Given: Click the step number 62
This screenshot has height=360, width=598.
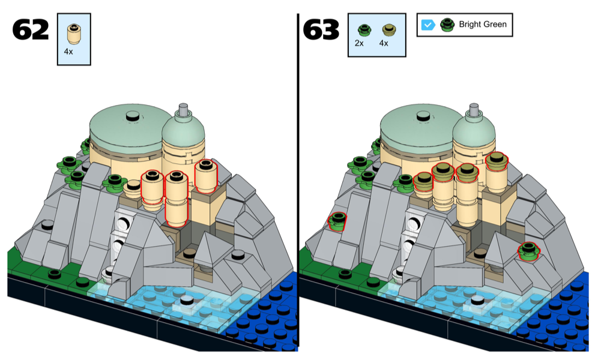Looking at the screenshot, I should tap(31, 29).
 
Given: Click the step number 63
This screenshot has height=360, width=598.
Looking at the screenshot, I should tap(321, 29).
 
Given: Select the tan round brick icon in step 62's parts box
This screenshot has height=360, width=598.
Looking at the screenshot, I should tap(74, 34).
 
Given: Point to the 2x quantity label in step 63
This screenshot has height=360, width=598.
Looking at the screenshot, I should tap(359, 43).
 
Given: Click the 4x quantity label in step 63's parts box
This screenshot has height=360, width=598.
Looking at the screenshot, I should tap(384, 43).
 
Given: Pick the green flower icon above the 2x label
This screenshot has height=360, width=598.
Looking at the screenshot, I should tap(362, 29).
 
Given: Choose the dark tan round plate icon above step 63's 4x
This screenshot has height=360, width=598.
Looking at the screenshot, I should tap(387, 29).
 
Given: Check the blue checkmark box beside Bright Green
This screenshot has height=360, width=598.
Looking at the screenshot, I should tap(428, 25).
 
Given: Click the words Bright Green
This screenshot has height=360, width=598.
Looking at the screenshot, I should tap(482, 25).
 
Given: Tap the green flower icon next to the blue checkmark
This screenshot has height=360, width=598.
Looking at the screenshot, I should tap(447, 25).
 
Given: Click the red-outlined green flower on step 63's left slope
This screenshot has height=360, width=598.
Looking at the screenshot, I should tap(338, 221).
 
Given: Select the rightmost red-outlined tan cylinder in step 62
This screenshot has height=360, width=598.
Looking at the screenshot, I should tap(206, 176).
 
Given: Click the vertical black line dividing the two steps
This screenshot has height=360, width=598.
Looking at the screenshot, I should tap(298, 180).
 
